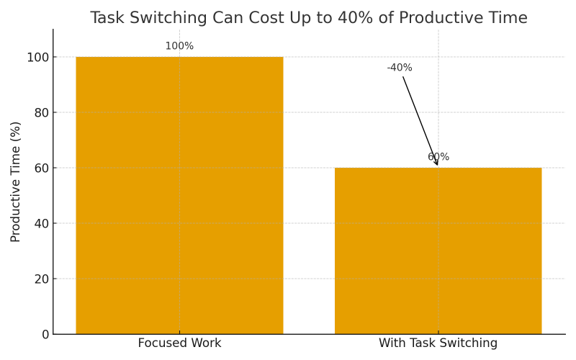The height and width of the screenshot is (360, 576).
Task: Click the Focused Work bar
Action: pos(179,195)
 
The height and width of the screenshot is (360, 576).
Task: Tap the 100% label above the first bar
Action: pos(179,46)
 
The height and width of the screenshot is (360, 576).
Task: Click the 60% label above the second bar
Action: pos(438,157)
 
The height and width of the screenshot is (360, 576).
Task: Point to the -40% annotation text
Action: pos(400,68)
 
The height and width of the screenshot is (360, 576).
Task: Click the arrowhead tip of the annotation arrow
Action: pos(437,166)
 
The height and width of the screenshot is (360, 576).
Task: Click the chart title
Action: pos(308,18)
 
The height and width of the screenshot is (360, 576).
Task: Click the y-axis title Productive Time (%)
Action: pos(16,181)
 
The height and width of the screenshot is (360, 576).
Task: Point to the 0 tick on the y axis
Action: pos(45,334)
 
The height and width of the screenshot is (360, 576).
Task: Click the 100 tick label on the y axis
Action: pos(37,57)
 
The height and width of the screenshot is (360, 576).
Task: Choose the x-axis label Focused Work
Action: pos(179,343)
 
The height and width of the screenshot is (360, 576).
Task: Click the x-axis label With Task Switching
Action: pos(438,343)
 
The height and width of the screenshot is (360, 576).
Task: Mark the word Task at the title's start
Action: pos(109,18)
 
